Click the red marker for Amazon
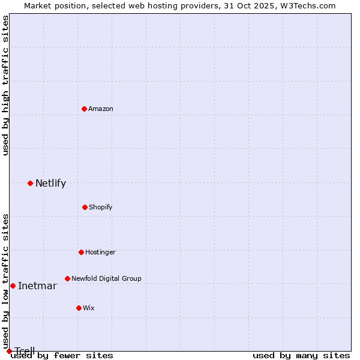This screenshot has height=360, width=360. click(84, 109)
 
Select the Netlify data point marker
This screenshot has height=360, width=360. click(30, 183)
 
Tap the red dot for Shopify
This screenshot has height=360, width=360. click(85, 207)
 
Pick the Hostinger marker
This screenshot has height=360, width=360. click(81, 252)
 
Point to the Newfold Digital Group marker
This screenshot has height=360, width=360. click(67, 278)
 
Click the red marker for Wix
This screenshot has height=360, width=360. click(79, 308)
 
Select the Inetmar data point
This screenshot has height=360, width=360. click(13, 286)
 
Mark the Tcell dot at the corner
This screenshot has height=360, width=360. click(9, 351)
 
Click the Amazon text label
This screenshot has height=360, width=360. click(101, 109)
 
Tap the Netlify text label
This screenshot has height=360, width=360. click(50, 184)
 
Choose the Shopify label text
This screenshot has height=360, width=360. click(101, 207)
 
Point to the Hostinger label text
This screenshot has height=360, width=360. click(100, 252)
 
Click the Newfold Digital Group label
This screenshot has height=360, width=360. click(106, 278)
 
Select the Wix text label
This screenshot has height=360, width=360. click(89, 308)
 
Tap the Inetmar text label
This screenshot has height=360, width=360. click(37, 286)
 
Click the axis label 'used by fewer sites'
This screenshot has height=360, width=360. click(62, 355)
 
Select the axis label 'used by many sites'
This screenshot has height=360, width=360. click(301, 355)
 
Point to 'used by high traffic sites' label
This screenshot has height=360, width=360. click(6, 85)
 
